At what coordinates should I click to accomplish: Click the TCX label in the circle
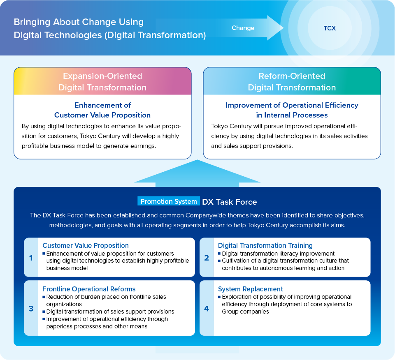pos(330,28)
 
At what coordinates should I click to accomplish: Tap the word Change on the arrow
pos(243,28)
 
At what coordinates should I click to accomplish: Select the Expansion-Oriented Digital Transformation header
pos(102,81)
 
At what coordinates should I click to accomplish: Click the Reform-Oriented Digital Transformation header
pos(292,81)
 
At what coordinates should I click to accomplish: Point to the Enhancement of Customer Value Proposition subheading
pos(102,110)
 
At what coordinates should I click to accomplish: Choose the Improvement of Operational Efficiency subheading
pos(292,110)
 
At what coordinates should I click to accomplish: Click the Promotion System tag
pos(169,201)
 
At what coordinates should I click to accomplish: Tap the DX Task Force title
pos(230,202)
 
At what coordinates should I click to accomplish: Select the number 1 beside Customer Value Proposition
pos(31,258)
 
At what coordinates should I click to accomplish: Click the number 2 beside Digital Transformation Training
pos(207,258)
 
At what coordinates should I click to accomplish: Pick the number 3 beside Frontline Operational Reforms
pos(31,309)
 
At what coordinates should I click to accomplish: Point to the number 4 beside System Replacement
pos(207,309)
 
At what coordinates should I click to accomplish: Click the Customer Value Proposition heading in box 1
pos(86,245)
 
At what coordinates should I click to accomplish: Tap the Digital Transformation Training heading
pos(265,245)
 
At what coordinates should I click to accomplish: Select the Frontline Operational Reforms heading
pos(89,289)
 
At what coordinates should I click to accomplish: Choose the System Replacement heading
pos(251,289)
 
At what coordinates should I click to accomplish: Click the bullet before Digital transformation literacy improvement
pos(219,254)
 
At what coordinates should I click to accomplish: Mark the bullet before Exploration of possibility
pos(219,297)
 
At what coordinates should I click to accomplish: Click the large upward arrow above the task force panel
pos(197,173)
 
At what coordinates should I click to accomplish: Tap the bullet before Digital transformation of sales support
pos(44,312)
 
